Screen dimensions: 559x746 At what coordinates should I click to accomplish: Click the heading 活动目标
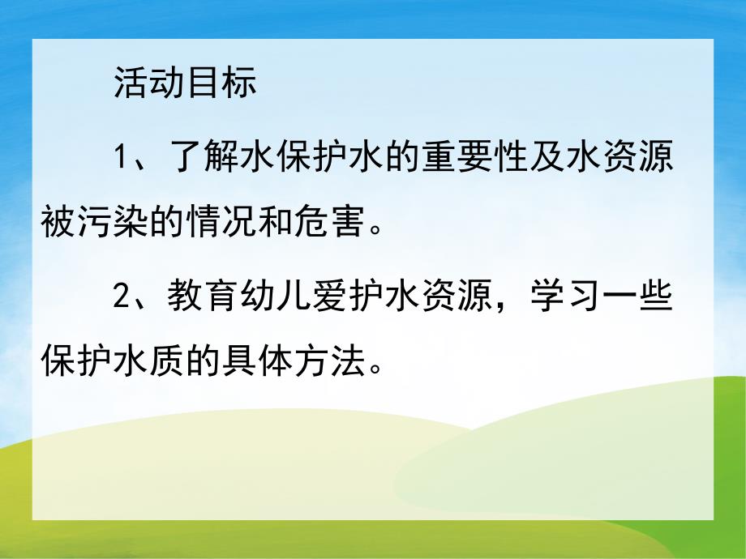[185, 82]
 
